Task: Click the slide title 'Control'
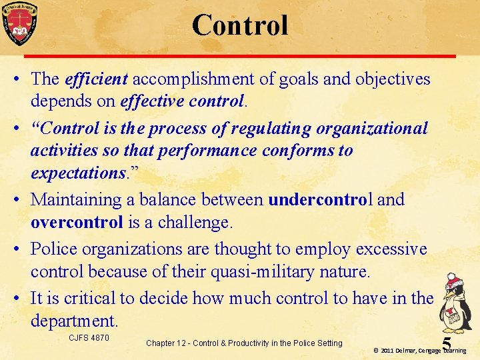click(x=240, y=25)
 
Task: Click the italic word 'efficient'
click(x=97, y=79)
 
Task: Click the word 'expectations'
click(x=75, y=173)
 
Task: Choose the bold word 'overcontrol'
click(x=77, y=222)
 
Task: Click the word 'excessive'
click(x=391, y=249)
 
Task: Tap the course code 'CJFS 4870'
click(x=89, y=338)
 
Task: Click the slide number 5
click(x=447, y=343)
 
